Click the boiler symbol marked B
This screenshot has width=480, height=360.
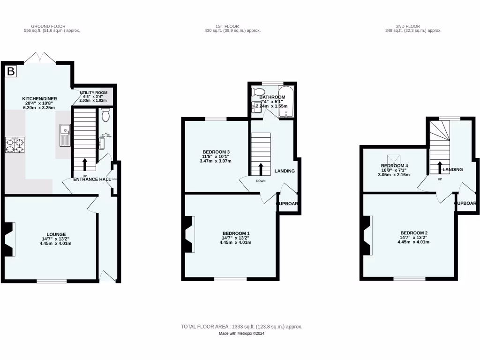[x=10, y=72]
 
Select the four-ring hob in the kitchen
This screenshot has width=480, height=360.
[x=15, y=145]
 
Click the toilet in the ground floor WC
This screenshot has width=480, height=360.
[x=105, y=114]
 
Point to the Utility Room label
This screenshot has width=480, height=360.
[x=93, y=93]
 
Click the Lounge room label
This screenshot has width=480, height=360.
[x=56, y=234]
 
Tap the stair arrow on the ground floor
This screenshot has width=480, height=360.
[x=85, y=164]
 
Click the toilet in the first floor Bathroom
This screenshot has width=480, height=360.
[x=257, y=91]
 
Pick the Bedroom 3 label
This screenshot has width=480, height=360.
[x=216, y=152]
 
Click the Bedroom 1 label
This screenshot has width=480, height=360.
[x=235, y=233]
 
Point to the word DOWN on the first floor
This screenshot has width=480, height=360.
[x=261, y=180]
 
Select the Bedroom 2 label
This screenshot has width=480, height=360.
[x=413, y=233]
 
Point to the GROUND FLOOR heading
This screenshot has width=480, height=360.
[x=48, y=26]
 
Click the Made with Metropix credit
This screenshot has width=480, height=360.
[x=241, y=333]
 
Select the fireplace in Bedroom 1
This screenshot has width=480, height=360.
[x=189, y=234]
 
